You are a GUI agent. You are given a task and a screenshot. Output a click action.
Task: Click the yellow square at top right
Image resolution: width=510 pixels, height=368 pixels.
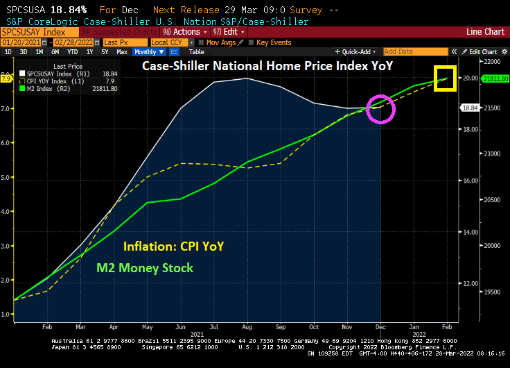(x=444, y=78)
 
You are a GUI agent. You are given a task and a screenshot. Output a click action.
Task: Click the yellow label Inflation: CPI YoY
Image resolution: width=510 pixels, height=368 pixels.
(x=173, y=246)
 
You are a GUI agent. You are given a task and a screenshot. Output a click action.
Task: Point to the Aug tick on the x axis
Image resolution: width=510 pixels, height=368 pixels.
(x=247, y=326)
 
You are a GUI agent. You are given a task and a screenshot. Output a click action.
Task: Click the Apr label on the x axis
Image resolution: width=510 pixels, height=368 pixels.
(x=114, y=326)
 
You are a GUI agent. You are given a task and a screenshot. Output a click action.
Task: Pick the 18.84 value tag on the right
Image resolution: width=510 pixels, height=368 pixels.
(x=470, y=108)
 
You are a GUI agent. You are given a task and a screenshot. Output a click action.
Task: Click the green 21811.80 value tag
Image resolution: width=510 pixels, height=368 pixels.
(x=495, y=79)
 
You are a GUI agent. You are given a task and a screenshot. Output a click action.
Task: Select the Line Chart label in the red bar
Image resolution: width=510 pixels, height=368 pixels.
(x=485, y=32)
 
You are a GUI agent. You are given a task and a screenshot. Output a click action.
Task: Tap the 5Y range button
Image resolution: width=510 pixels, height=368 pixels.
(x=105, y=52)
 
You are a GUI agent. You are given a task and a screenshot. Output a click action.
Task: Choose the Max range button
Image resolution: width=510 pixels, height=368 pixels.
(x=122, y=52)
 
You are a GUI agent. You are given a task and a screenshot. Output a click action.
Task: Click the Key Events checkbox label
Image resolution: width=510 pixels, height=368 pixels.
(x=273, y=42)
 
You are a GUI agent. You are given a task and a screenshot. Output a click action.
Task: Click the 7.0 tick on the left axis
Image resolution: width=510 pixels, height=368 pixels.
(x=7, y=109)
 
